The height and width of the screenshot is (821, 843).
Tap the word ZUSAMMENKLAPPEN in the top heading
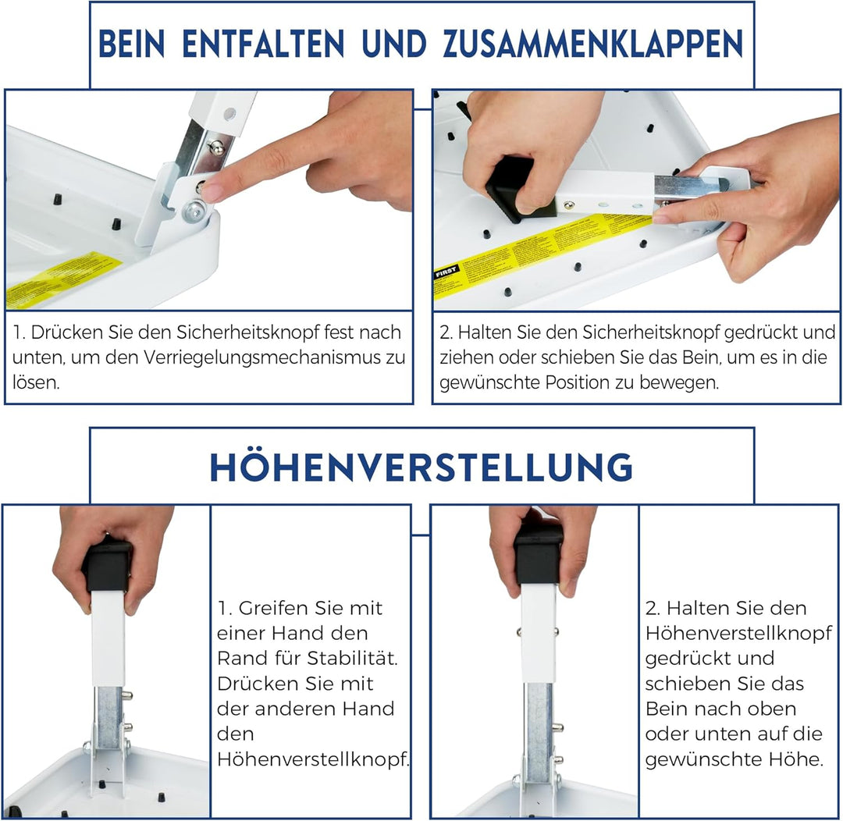point(593,44)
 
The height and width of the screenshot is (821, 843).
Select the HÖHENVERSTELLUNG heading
point(421,467)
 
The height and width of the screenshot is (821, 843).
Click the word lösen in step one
point(35,383)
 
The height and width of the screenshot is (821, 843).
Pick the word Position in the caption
point(586,383)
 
